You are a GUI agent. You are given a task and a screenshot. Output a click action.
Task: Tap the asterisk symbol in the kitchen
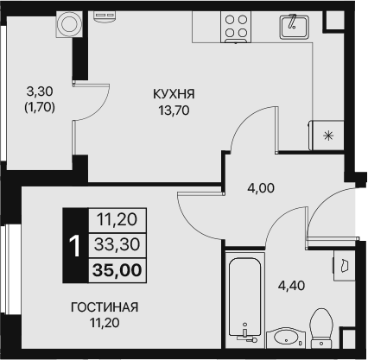(327, 136)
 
